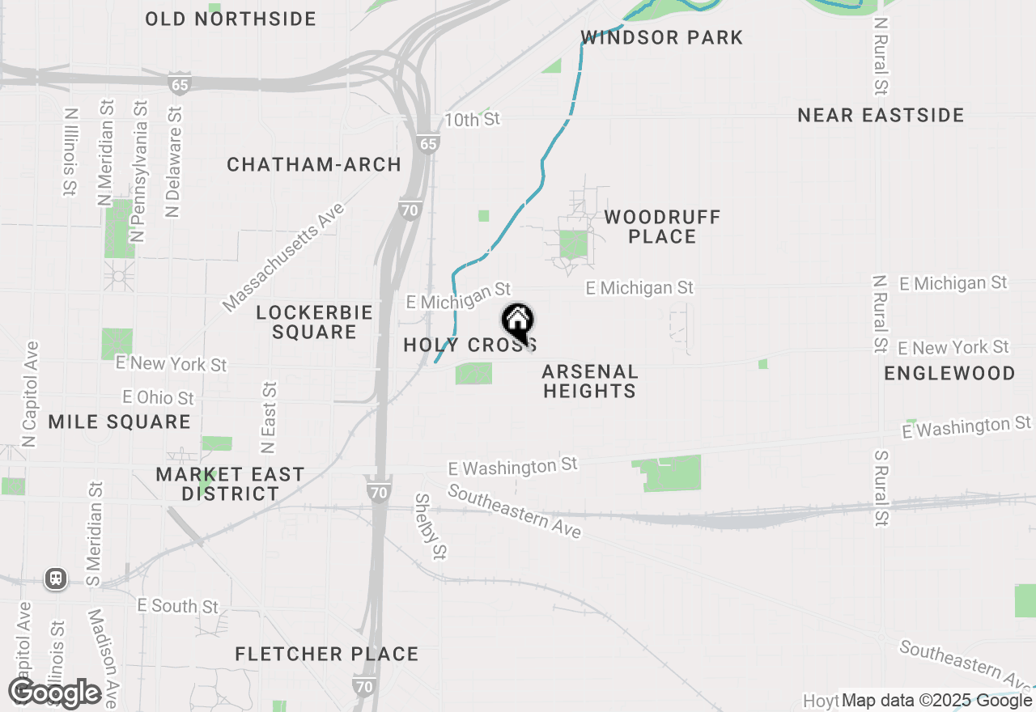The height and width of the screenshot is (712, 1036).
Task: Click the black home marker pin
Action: pyautogui.click(x=517, y=321)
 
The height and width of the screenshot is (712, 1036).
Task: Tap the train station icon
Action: pyautogui.click(x=56, y=578)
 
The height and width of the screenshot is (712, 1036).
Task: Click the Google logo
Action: pyautogui.click(x=54, y=693)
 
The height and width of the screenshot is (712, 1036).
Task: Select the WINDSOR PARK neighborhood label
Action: pyautogui.click(x=662, y=37)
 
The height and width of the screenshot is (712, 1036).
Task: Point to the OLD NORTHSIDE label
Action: pyautogui.click(x=231, y=19)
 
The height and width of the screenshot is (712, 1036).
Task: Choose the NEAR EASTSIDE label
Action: pyautogui.click(x=881, y=116)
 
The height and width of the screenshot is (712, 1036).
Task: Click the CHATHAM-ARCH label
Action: pyautogui.click(x=314, y=165)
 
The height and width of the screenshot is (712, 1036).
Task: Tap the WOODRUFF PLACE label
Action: pyautogui.click(x=662, y=227)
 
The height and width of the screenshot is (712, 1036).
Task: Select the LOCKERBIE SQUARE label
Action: pyautogui.click(x=314, y=322)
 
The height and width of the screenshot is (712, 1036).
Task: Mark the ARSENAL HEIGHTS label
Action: pyautogui.click(x=589, y=382)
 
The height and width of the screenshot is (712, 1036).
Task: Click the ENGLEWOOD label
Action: pyautogui.click(x=949, y=374)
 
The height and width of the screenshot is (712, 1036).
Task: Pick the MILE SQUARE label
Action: pyautogui.click(x=119, y=422)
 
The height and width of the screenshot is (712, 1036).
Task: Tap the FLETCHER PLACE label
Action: pyautogui.click(x=327, y=655)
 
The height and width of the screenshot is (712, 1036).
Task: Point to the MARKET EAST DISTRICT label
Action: pyautogui.click(x=231, y=484)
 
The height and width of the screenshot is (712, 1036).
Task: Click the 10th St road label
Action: pyautogui.click(x=473, y=120)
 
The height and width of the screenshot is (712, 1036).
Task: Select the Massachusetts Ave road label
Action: pyautogui.click(x=283, y=257)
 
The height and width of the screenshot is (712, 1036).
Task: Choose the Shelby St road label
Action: pyautogui.click(x=431, y=526)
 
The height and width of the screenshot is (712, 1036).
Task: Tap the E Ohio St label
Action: pyautogui.click(x=159, y=397)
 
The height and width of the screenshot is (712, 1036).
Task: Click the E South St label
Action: pyautogui.click(x=178, y=606)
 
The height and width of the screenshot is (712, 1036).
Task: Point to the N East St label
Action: pyautogui.click(x=269, y=417)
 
